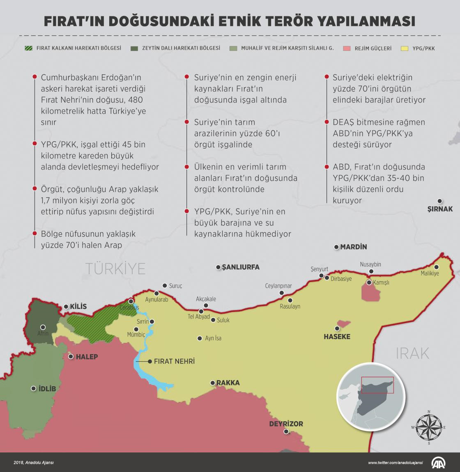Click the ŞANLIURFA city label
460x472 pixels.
point(241,267)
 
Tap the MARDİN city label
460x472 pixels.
point(353,247)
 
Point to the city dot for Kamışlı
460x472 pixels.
point(369,283)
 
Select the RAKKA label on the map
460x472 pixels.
point(228,383)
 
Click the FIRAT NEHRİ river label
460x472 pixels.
point(174,362)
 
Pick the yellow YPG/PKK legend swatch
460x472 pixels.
point(405,48)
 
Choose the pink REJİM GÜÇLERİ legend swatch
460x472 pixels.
point(347,48)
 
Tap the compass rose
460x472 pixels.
point(429,427)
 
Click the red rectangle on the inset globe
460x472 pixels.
point(377,385)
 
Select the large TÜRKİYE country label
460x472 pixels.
point(115,268)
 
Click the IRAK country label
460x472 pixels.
point(412,353)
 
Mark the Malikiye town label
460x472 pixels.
point(430,273)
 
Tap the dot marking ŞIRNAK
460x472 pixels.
point(440,201)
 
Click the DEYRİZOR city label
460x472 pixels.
point(286,424)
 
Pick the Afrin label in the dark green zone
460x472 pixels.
point(43,333)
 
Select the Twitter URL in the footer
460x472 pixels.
point(395,463)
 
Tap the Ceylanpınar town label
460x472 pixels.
point(278,286)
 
